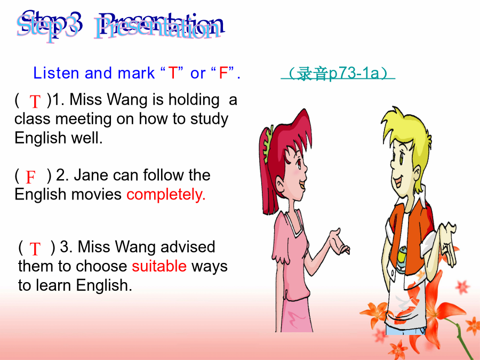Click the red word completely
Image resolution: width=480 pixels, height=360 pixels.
(x=166, y=195)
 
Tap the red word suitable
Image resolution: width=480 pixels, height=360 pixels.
(x=159, y=266)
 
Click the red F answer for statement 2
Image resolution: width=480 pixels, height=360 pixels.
(x=30, y=177)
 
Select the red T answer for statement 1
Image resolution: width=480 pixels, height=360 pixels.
(x=35, y=101)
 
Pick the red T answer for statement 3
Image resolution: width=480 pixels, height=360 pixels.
(x=35, y=249)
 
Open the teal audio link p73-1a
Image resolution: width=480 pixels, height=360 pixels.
(x=338, y=74)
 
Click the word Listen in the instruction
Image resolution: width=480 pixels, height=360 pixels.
(x=56, y=73)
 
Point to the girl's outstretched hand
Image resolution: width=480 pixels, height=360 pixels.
(x=340, y=242)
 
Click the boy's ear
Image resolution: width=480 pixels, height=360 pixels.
(x=417, y=175)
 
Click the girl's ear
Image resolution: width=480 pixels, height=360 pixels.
(x=281, y=185)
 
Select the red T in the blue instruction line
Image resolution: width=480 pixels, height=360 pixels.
(x=173, y=73)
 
